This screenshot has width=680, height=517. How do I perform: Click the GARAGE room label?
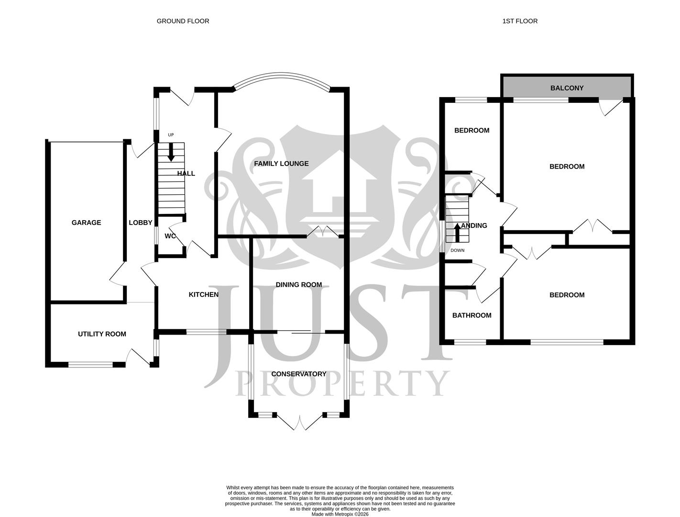tap(86, 223)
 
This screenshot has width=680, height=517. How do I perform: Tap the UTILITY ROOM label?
tap(102, 334)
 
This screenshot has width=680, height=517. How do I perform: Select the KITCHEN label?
tap(203, 294)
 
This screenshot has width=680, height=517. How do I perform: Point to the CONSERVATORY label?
tap(298, 374)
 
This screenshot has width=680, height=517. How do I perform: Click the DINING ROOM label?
tap(298, 285)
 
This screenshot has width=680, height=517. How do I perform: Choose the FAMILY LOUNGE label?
tap(281, 164)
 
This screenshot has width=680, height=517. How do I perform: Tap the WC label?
tap(170, 236)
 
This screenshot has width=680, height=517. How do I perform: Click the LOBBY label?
tap(140, 223)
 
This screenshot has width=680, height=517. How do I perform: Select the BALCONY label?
tap(567, 88)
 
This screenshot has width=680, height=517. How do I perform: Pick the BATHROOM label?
tap(472, 315)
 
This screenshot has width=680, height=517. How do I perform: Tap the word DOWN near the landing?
tap(457, 250)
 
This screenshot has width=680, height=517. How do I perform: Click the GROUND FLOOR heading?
tap(183, 21)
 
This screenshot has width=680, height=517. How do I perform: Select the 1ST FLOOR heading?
tap(520, 21)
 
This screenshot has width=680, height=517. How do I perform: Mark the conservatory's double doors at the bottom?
tap(299, 422)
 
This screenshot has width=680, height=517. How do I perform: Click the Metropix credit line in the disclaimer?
tap(340, 514)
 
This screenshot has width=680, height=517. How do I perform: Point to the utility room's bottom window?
tap(90, 365)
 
